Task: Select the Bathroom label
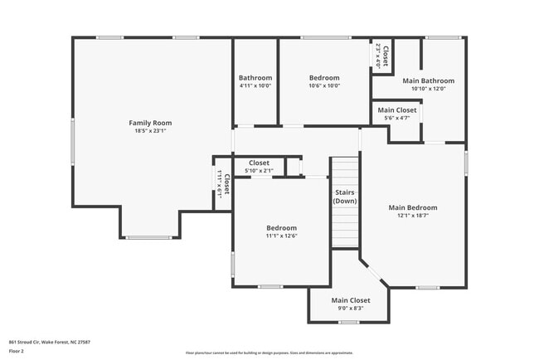point(255,78)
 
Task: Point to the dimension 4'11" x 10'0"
point(255,85)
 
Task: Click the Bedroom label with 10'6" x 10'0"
point(324,78)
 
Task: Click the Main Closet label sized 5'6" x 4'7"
point(397,110)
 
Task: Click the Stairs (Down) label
point(345,197)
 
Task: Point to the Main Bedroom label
point(412,207)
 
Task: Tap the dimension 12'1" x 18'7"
point(412,216)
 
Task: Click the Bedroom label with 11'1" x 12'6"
point(281,227)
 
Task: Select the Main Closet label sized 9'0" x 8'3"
point(351,300)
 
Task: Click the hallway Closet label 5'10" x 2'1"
point(259,163)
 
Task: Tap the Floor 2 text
point(17,351)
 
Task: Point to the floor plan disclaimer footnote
point(269,352)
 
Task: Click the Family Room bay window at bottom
point(149,237)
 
